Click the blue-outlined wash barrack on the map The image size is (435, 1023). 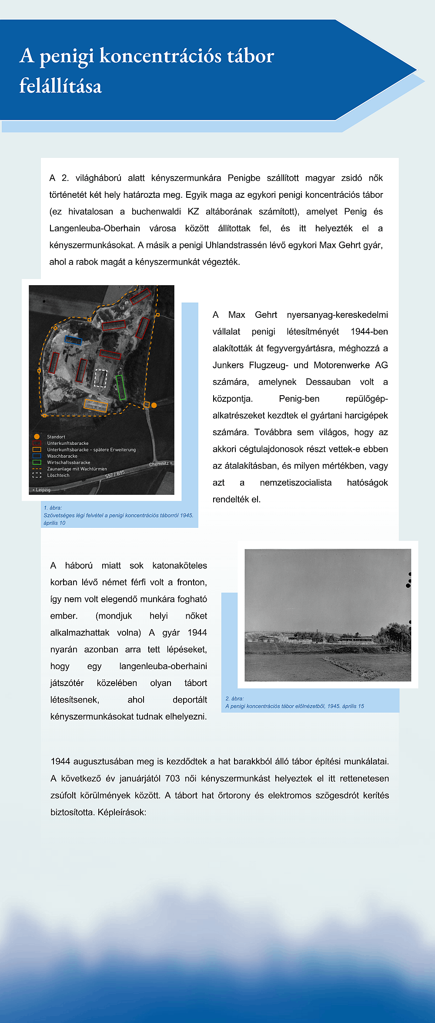[x=73, y=340]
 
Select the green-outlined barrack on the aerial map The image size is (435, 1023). [x=121, y=387]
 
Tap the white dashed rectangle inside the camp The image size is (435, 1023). [x=100, y=378]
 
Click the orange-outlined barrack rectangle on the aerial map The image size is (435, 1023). [x=96, y=405]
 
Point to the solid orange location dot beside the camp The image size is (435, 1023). [x=154, y=405]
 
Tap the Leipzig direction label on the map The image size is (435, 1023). [x=42, y=490]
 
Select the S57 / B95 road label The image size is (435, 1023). [x=115, y=474]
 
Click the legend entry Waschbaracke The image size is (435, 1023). [x=62, y=456]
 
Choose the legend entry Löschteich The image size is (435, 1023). [x=58, y=475]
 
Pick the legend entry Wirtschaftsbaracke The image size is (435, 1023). [x=69, y=463]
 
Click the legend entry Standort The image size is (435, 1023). [x=56, y=437]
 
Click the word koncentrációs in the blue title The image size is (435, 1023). [x=161, y=56]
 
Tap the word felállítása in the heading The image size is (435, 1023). [x=60, y=86]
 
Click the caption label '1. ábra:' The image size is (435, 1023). [x=53, y=508]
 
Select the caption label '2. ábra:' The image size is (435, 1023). [x=234, y=699]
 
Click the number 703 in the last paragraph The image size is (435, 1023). [x=172, y=778]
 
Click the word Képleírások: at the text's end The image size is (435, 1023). [x=122, y=812]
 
